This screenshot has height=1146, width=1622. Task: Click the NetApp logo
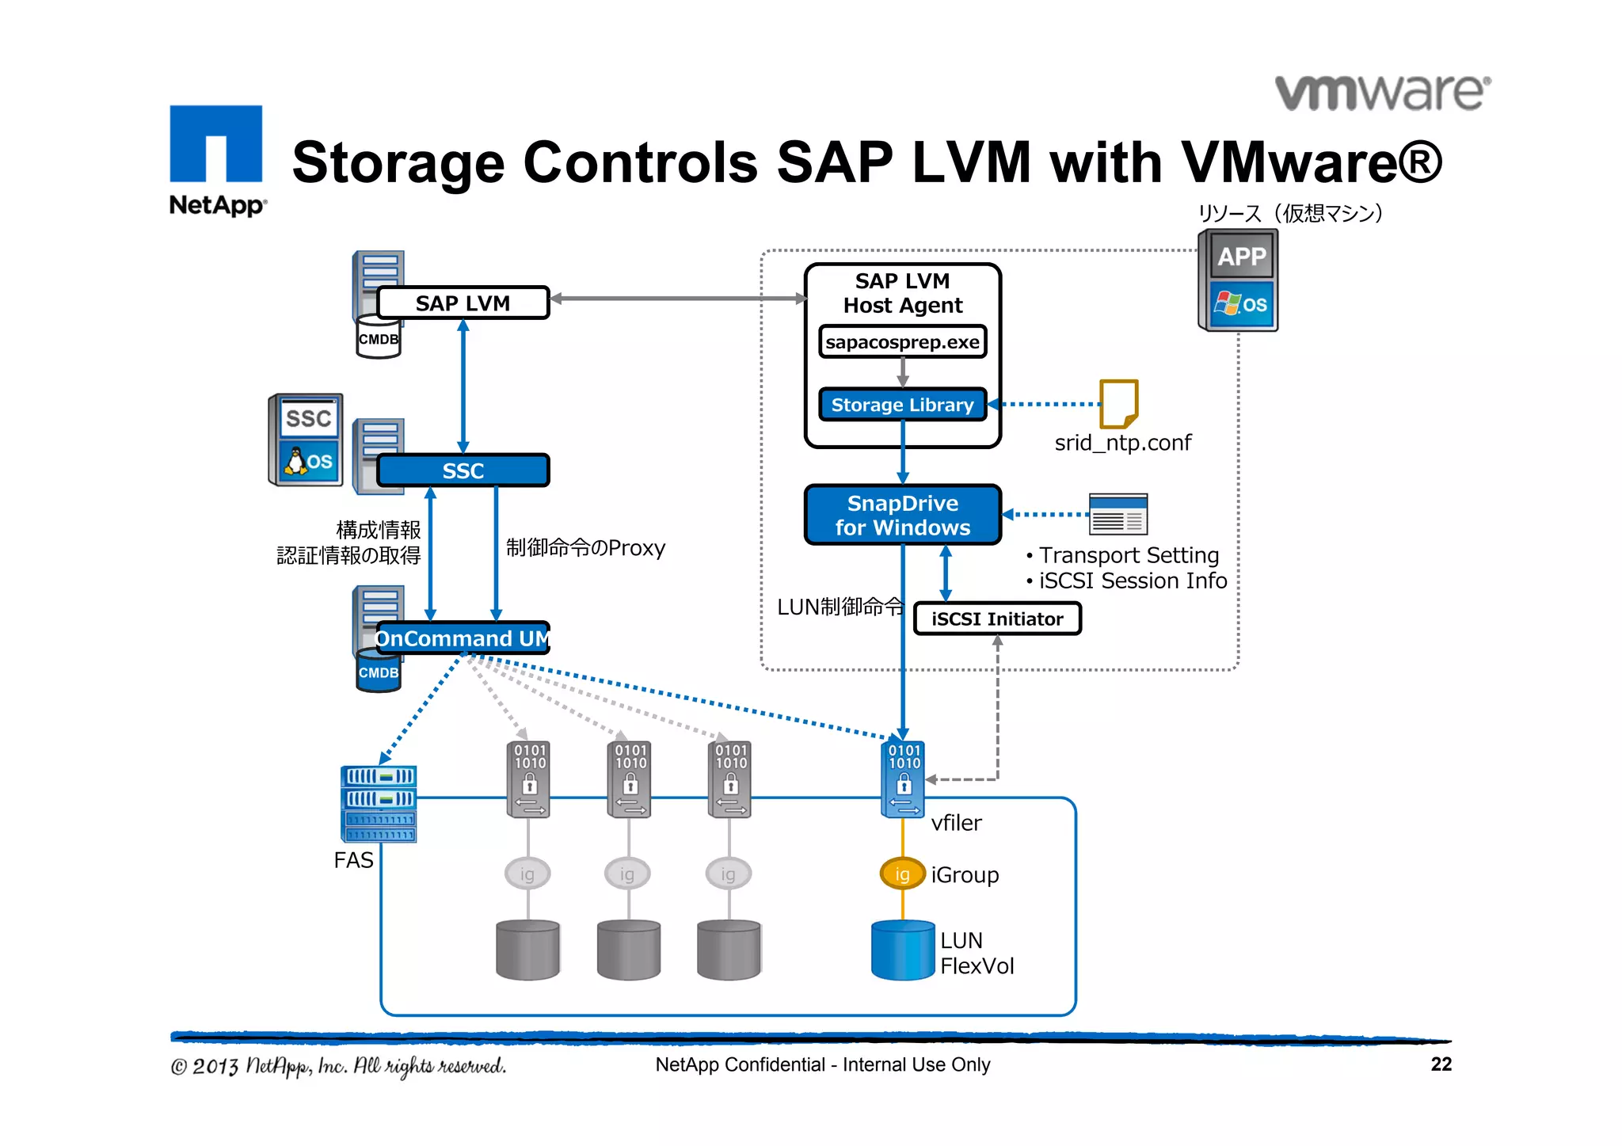click(x=216, y=159)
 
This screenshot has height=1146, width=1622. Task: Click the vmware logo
click(x=1382, y=93)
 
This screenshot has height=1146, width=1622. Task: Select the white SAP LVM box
click(x=463, y=303)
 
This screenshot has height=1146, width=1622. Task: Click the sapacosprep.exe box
click(x=902, y=342)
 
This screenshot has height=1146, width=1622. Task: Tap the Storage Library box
click(x=902, y=405)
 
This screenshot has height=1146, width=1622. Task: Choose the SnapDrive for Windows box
click(x=902, y=515)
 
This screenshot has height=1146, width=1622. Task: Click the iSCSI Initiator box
click(x=997, y=619)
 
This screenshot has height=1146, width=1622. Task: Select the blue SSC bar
click(x=463, y=470)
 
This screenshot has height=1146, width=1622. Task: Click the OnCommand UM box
click(x=463, y=638)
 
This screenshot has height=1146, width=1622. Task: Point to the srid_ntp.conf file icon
click(x=1118, y=404)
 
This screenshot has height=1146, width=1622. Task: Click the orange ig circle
click(x=902, y=874)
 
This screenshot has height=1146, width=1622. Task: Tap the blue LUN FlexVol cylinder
click(x=903, y=950)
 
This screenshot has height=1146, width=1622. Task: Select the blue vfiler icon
click(x=903, y=779)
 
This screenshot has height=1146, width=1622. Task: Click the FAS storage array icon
click(x=379, y=804)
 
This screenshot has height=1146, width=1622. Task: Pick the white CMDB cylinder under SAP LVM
click(x=379, y=339)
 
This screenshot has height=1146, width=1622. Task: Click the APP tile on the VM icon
click(x=1242, y=257)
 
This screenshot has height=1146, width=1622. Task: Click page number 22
click(x=1441, y=1064)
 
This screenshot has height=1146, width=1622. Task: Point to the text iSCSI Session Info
click(x=1133, y=581)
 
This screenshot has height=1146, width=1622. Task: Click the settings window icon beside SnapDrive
click(x=1118, y=515)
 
